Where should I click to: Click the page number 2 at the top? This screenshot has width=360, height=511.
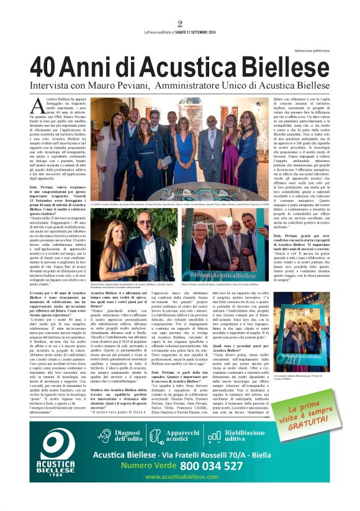click(x=180, y=24)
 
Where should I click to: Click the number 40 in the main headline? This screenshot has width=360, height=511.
click(x=47, y=65)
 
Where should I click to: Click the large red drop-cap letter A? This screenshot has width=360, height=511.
click(x=38, y=106)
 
